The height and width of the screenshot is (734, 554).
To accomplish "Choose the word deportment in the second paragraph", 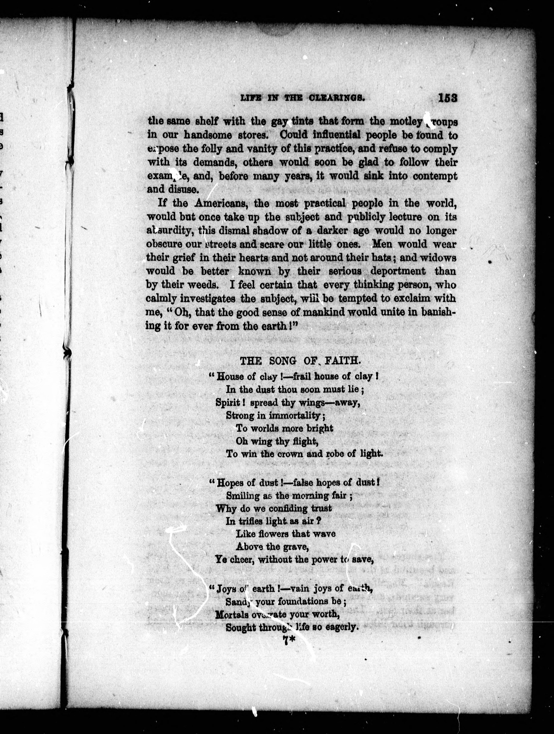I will click(x=398, y=271).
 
